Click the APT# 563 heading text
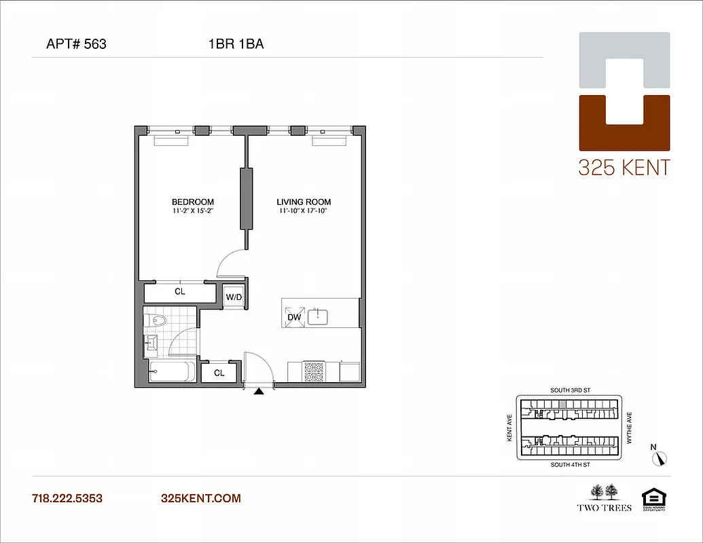[76, 45]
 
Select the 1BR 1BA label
[236, 45]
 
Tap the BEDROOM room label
[193, 202]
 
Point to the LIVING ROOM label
[304, 202]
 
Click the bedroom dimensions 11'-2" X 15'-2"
[193, 210]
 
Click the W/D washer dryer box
[234, 297]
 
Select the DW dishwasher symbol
[294, 316]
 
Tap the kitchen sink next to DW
[318, 316]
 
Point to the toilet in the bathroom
[157, 320]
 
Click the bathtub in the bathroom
[172, 372]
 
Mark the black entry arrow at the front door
[259, 390]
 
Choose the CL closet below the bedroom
[180, 292]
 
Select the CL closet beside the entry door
[219, 373]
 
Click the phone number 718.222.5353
[67, 498]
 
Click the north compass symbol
[660, 458]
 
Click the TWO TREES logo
[604, 498]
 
